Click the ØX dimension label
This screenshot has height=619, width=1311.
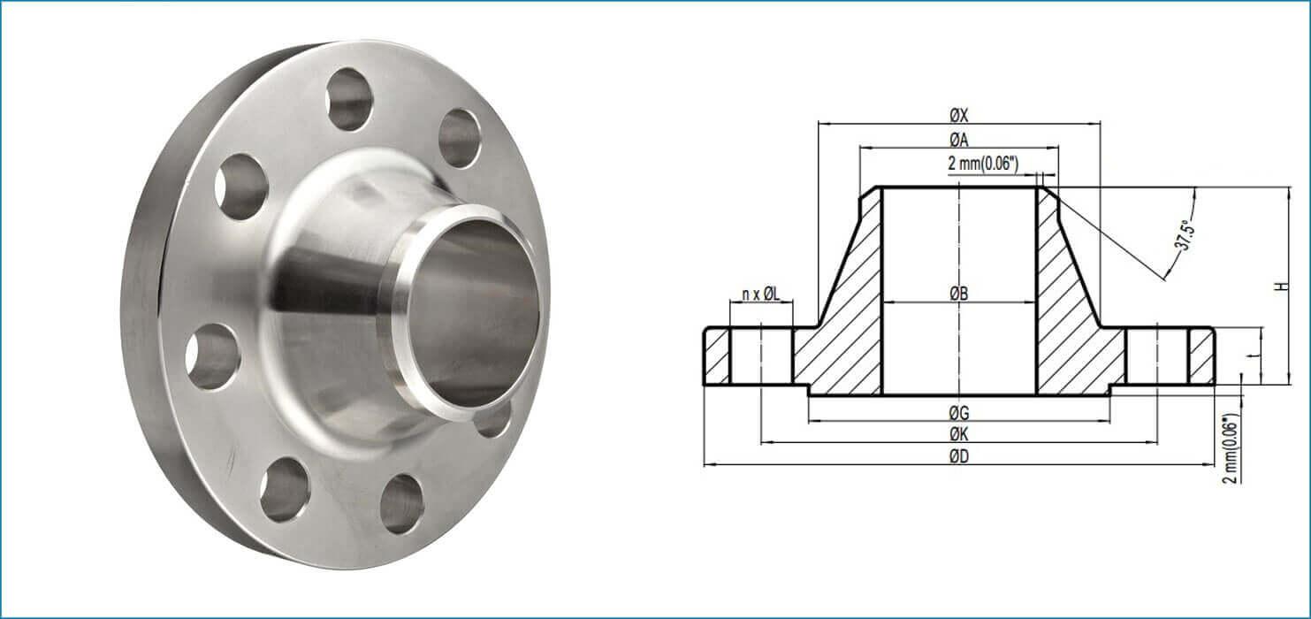[959, 115]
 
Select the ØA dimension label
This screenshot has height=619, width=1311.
[959, 140]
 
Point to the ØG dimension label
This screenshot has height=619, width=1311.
[959, 412]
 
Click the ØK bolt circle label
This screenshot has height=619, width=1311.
[959, 433]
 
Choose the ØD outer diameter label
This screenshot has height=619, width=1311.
[959, 456]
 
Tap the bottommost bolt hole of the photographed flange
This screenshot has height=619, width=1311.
[402, 504]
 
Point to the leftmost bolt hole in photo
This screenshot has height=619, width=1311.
[212, 355]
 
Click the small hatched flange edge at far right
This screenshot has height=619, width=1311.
[1200, 356]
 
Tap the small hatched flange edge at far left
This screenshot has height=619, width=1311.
[717, 356]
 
